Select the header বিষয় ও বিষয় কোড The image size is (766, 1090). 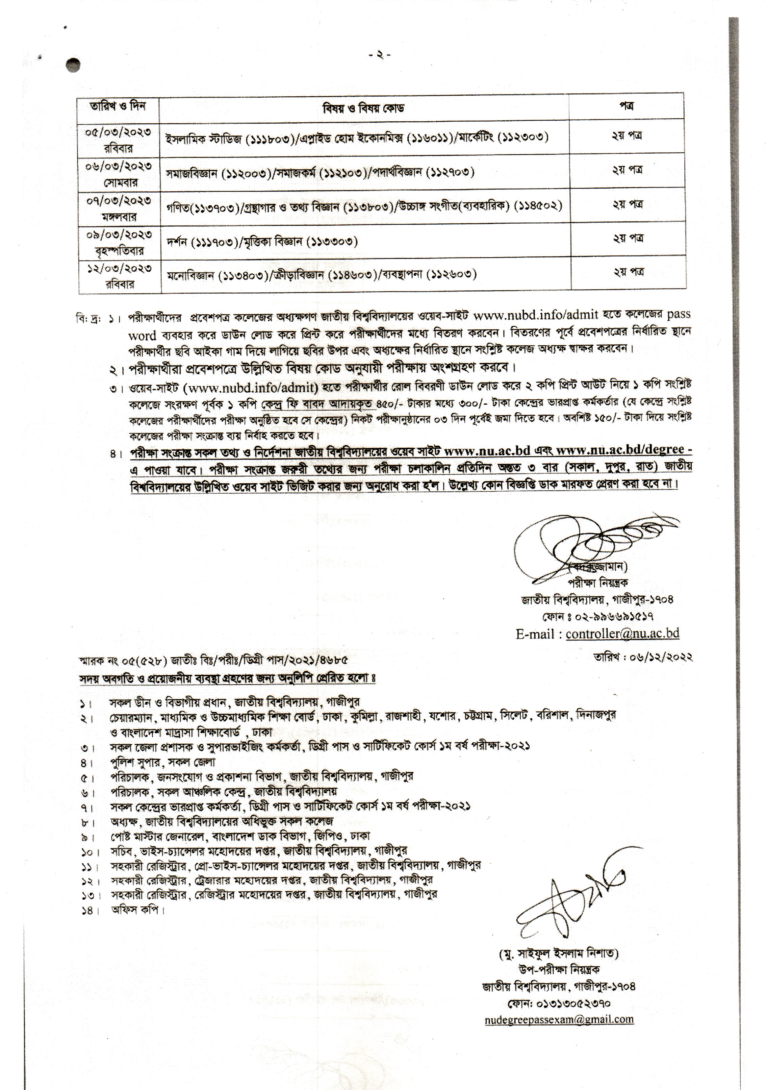click(363, 108)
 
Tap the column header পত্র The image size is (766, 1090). click(627, 106)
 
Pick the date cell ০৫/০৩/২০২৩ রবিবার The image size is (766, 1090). click(119, 139)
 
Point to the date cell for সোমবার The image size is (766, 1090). click(119, 173)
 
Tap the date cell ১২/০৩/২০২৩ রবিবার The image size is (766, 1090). click(119, 275)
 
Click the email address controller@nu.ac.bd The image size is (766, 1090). click(622, 633)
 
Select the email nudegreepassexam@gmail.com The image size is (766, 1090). click(559, 1019)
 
